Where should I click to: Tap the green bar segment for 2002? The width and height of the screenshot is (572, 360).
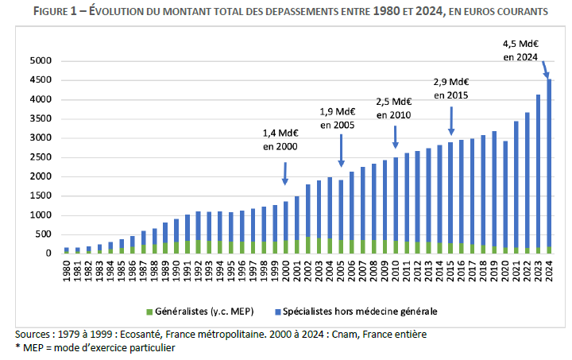[307, 245]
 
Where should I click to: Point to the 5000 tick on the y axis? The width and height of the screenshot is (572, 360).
[40, 61]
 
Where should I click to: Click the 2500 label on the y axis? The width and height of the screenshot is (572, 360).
[40, 157]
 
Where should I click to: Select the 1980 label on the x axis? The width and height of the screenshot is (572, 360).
[68, 270]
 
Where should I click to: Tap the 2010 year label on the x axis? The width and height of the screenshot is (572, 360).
[395, 270]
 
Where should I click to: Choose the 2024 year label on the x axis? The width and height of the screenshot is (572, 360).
[547, 270]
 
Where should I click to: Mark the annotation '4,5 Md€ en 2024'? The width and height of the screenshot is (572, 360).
[520, 50]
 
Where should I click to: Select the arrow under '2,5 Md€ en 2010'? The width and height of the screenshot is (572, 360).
[395, 134]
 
